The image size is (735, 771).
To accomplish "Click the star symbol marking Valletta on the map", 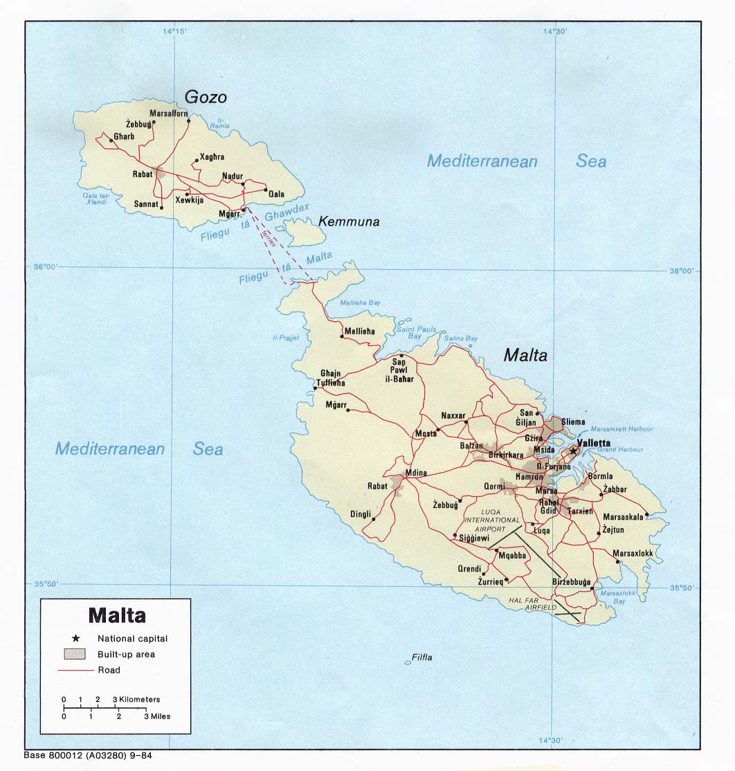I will (x=573, y=451).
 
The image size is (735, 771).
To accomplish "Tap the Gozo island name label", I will (x=205, y=98).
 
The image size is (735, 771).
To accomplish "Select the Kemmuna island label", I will (x=349, y=222).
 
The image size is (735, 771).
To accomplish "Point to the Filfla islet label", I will (x=421, y=657).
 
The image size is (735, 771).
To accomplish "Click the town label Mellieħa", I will (x=359, y=332).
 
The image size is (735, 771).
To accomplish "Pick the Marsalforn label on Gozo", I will (x=169, y=114).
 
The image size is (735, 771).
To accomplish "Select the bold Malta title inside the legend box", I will (x=116, y=615).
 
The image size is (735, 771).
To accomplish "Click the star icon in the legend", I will (x=75, y=638).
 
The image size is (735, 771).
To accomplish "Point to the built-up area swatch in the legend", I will (x=75, y=654).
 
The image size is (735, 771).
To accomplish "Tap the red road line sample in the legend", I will (x=75, y=670).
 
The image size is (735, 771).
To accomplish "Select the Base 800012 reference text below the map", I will (x=88, y=755).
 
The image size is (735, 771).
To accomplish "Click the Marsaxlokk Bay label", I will (x=613, y=597).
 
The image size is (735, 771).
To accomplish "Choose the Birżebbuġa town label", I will (x=571, y=582).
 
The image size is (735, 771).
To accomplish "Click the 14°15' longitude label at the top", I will (x=174, y=31).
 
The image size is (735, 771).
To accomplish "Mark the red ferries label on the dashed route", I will (x=269, y=239).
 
